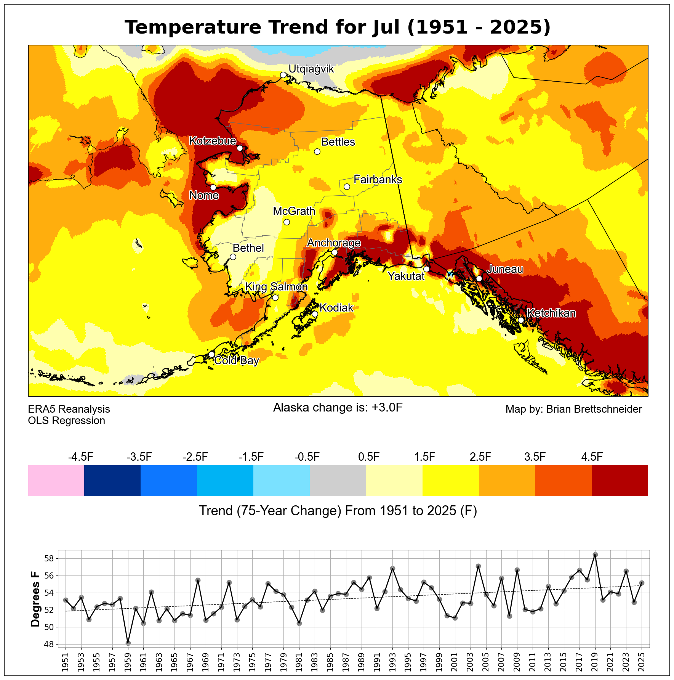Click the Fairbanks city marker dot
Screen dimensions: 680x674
pos(347,186)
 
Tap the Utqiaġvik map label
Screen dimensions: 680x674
pos(311,69)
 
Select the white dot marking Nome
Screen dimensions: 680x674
pos(213,187)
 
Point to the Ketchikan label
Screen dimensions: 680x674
pos(551,313)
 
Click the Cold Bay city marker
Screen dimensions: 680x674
pos(211,354)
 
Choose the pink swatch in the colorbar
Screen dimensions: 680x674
pos(56,481)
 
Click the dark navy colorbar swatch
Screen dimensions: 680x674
pos(112,481)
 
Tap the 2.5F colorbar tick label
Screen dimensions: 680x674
pos(480,457)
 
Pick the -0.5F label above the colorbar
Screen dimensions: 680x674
pos(307,457)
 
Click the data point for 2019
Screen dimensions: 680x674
pos(595,555)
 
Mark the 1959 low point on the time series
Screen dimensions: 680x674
pos(128,643)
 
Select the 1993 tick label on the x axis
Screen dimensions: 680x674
pos(392,661)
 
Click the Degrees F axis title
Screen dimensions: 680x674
pos(35,599)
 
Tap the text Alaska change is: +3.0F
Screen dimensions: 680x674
pos(338,408)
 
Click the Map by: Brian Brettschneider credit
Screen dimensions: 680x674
pos(573,409)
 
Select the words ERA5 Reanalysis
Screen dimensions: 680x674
pos(69,409)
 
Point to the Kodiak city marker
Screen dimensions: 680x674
pos(315,314)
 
